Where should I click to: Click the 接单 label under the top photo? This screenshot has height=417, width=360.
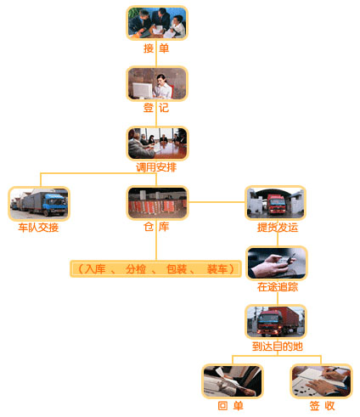coord(156,48)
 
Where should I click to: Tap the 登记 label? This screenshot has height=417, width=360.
coord(156,108)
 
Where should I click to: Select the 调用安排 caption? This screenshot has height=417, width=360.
coord(156,167)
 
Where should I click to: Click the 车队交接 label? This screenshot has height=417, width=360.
coord(38,228)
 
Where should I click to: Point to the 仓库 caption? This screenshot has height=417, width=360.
coord(156,227)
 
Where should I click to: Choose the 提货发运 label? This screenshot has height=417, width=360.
coord(278,228)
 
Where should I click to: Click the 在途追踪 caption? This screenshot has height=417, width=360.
coord(278,287)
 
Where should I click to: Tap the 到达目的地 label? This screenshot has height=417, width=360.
coord(278,347)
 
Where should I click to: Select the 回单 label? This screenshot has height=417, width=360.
coord(231,406)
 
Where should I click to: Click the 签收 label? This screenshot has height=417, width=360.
coord(322,406)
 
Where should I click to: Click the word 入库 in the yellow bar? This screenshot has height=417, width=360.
coord(95,269)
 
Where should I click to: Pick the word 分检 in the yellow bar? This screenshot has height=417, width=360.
coord(136,269)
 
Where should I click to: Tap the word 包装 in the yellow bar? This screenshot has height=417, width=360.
coord(177,269)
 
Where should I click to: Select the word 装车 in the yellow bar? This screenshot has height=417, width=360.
coord(217,269)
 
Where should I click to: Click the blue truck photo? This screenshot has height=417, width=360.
coord(39,203)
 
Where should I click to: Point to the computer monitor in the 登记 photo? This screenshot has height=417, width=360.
coord(143,91)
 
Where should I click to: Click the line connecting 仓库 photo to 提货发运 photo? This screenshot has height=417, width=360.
coord(217,202)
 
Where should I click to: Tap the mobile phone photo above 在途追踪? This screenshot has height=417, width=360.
coord(277,263)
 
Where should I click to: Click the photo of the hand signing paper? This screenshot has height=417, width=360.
coord(321,381)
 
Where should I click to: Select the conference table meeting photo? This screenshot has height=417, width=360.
coord(157,144)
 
